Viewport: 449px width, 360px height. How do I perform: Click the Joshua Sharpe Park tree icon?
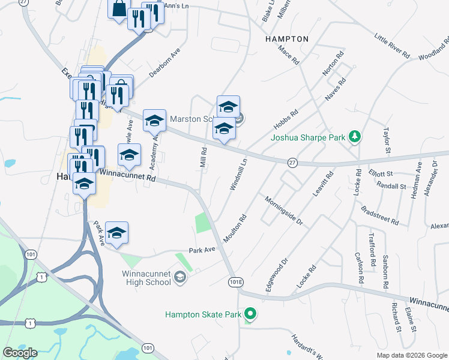pyautogui.click(x=355, y=137)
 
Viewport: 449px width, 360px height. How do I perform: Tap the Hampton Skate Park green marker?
pyautogui.click(x=251, y=314)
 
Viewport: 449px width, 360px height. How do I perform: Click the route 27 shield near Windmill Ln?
pyautogui.click(x=292, y=163)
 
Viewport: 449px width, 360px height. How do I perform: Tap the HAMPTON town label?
pyautogui.click(x=287, y=39)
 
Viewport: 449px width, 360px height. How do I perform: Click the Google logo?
pyautogui.click(x=20, y=353)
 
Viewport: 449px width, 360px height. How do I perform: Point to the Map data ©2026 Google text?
pyautogui.click(x=412, y=355)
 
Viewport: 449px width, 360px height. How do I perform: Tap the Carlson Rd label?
pyautogui.click(x=360, y=268)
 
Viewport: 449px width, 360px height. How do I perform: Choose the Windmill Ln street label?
pyautogui.click(x=238, y=174)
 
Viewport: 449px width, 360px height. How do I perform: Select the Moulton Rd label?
pyautogui.click(x=235, y=229)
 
